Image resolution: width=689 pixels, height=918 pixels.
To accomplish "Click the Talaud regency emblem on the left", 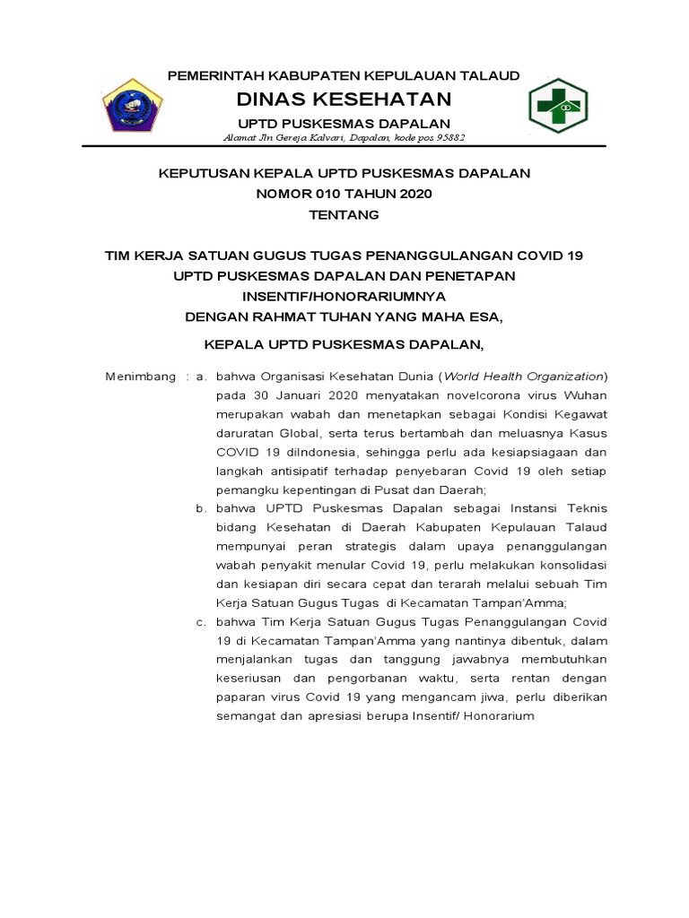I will coord(130,105).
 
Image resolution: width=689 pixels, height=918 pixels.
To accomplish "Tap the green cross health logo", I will coord(556,105).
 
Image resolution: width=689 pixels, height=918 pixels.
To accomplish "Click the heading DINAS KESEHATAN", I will coord(344,98).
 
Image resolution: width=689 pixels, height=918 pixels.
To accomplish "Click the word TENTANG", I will coord(344,215).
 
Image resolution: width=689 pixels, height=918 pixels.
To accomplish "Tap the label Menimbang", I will coord(141,377).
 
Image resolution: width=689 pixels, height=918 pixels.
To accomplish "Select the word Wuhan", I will coord(586,395).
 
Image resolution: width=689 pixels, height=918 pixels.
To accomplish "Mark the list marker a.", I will coord(202,377).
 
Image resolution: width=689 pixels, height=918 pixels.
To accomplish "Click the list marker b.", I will coord(202,508).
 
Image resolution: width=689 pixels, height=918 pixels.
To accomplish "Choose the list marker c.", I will coord(202,621).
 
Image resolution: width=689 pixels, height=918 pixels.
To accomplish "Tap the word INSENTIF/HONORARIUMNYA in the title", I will coord(344,295).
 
